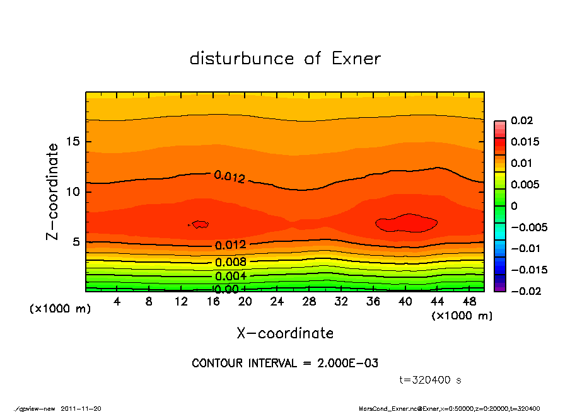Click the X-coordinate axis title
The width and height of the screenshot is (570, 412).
pos(285,333)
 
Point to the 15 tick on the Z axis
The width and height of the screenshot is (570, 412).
pos(74,142)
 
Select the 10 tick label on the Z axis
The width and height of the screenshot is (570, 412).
pos(74,192)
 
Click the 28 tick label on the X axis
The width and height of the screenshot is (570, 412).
pos(309,302)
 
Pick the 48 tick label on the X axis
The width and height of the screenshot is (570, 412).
pos(469,302)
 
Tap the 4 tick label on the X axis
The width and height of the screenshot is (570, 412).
pos(117,302)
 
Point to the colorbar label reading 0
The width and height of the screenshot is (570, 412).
pos(514,206)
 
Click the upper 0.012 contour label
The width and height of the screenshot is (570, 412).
pos(230,177)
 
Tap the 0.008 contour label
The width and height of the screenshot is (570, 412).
pos(230,262)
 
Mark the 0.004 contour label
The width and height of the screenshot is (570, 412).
pos(230,276)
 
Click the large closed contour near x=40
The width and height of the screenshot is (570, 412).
pos(407,223)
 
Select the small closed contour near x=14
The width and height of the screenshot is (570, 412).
pos(201,224)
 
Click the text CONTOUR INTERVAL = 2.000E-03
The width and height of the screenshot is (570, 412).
pos(285,363)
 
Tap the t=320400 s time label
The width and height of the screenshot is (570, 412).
pos(431,381)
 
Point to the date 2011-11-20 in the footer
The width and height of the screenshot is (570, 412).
pos(81,408)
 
